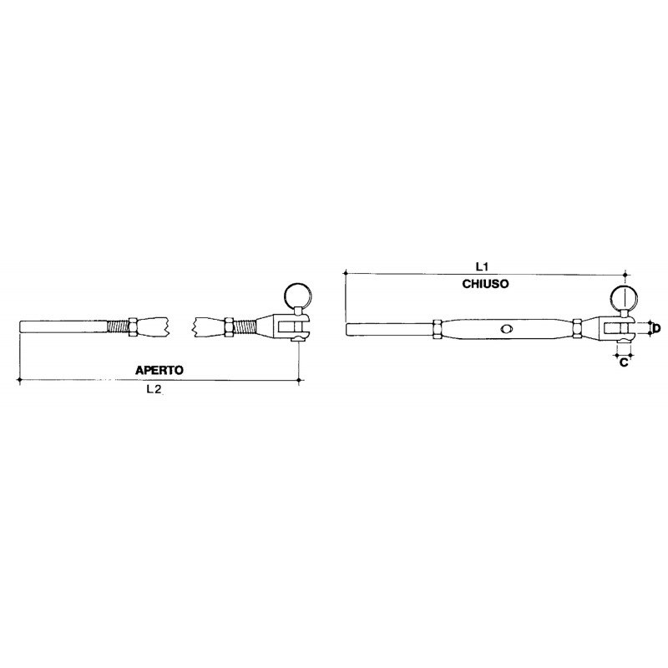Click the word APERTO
(159, 368)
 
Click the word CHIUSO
(485, 284)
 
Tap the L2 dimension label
(154, 389)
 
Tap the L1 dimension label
(481, 266)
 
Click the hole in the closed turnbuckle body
(506, 329)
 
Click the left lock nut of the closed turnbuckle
(438, 329)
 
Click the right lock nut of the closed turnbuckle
(579, 329)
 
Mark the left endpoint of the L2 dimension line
(19, 380)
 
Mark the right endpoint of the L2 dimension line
(300, 380)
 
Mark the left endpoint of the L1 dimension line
(345, 273)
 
